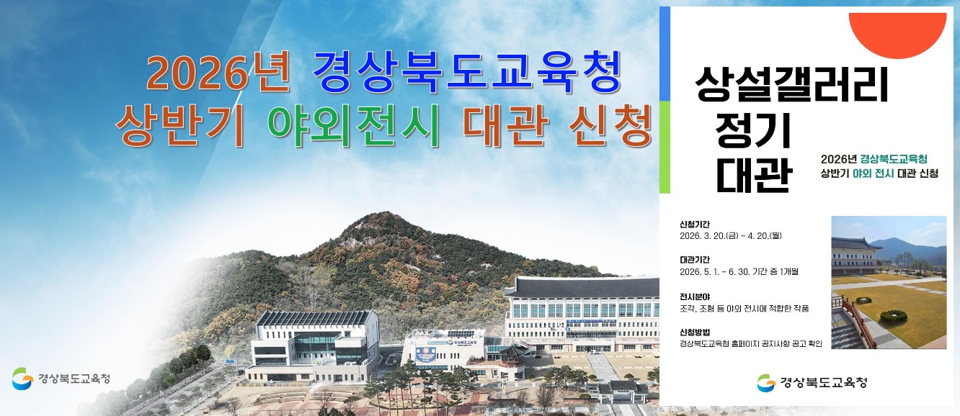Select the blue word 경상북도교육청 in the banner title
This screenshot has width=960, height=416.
[467, 73]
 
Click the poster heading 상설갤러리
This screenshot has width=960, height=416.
[791, 84]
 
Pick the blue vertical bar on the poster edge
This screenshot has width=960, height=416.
[665, 54]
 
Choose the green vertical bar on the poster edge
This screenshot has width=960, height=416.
[665, 148]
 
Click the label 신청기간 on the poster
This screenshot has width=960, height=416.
[695, 224]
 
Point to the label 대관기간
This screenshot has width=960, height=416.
[695, 259]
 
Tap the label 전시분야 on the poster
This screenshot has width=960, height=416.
[695, 296]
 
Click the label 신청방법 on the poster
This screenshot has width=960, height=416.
[695, 332]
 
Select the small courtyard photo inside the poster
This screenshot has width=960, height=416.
[889, 282]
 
